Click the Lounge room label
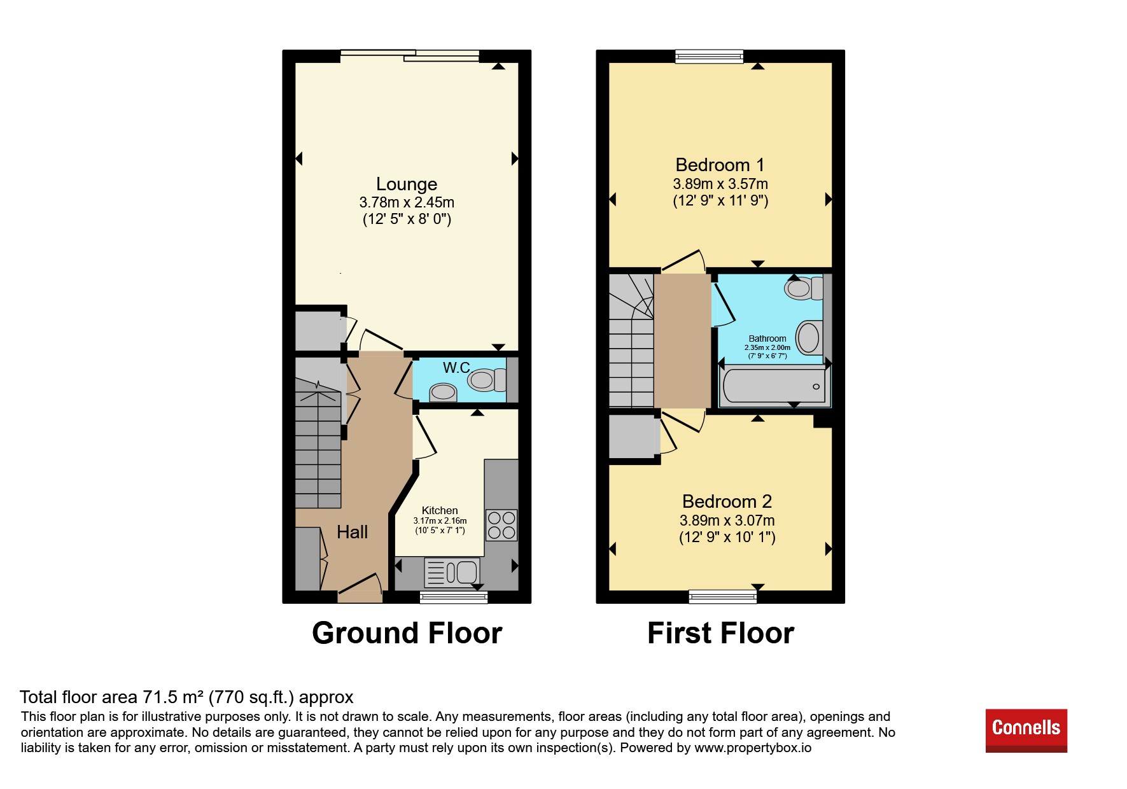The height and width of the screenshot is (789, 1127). (407, 184)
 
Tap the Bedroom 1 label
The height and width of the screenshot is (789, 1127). (720, 165)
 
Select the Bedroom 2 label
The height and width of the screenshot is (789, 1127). (727, 501)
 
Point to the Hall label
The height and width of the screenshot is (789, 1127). (353, 532)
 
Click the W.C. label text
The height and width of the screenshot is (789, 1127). (457, 368)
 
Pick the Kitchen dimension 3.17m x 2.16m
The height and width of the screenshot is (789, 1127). (440, 520)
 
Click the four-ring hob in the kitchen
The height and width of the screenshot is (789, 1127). (501, 525)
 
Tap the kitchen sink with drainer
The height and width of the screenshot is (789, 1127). (452, 572)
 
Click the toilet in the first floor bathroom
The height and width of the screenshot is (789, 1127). (804, 288)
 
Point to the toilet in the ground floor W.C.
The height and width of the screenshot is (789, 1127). (487, 381)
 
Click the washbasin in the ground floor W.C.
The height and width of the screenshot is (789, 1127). (443, 393)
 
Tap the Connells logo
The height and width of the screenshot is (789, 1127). (1026, 730)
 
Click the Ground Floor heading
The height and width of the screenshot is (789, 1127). (407, 633)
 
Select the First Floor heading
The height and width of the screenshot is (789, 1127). (720, 633)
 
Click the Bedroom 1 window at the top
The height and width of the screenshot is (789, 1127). (709, 57)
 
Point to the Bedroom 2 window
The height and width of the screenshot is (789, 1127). (723, 597)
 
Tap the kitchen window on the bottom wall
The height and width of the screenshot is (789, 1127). (454, 597)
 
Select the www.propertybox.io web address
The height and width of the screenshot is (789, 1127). (753, 748)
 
